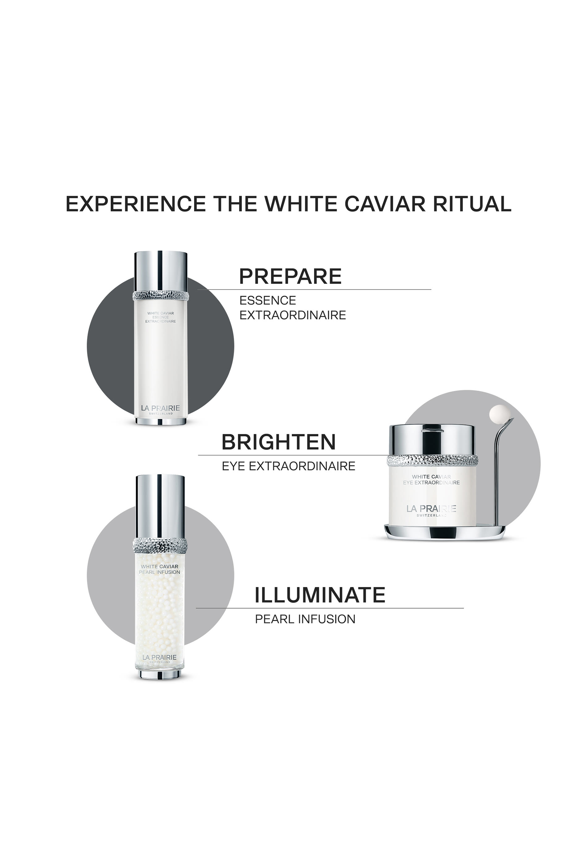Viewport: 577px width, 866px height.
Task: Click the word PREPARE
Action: [290, 277]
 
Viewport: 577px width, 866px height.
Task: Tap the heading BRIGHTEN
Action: [278, 442]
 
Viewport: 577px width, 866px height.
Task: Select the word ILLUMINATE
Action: [320, 595]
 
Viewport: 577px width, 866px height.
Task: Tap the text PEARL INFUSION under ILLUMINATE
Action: [305, 619]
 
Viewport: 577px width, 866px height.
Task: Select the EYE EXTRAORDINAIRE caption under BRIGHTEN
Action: [289, 466]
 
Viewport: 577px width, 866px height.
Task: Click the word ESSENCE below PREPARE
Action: [268, 300]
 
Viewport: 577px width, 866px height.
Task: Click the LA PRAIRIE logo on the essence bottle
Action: [160, 408]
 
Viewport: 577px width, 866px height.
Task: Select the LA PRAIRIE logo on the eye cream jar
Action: [431, 509]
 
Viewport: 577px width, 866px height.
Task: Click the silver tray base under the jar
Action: [443, 532]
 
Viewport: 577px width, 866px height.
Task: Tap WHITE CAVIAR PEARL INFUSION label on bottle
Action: [159, 569]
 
